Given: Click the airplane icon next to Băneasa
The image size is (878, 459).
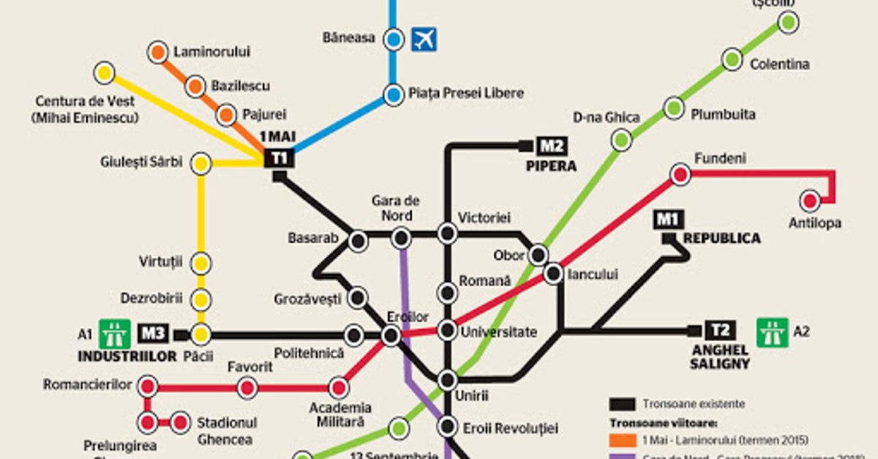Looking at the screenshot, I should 424,39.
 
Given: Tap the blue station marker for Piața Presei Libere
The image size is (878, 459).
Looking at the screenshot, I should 394,94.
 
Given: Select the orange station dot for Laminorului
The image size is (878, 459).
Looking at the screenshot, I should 157,52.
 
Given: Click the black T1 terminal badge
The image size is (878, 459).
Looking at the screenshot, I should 279,157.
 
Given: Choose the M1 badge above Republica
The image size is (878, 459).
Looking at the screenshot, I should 668,219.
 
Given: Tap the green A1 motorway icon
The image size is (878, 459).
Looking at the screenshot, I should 114,334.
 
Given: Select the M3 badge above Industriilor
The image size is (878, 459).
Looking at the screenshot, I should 153,334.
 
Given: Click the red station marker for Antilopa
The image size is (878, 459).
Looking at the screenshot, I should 810,200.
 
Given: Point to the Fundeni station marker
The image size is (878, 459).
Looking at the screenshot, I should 680,174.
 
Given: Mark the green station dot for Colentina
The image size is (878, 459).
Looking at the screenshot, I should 732,59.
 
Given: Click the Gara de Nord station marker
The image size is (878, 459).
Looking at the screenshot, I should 401,237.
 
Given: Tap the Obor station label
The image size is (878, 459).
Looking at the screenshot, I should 509,255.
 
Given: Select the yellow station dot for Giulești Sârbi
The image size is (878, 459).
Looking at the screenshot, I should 200,163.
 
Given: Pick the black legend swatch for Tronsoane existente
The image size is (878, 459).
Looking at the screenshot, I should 621,403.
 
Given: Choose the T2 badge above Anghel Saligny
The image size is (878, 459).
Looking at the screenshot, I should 720,330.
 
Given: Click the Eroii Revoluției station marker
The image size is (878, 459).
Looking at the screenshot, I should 447,427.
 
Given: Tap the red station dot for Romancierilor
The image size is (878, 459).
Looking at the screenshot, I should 148,386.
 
